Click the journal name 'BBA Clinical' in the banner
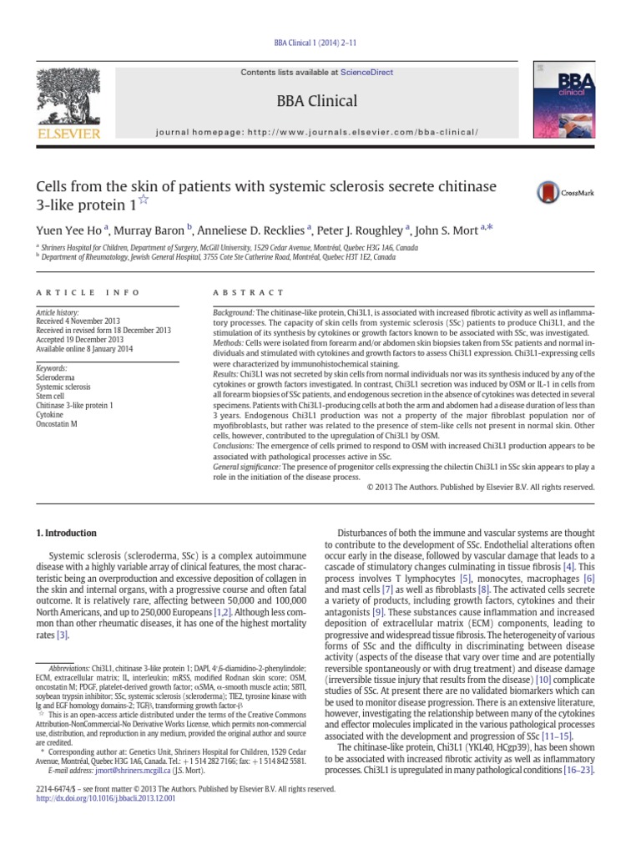click(x=320, y=102)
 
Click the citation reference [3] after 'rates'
click(x=62, y=635)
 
